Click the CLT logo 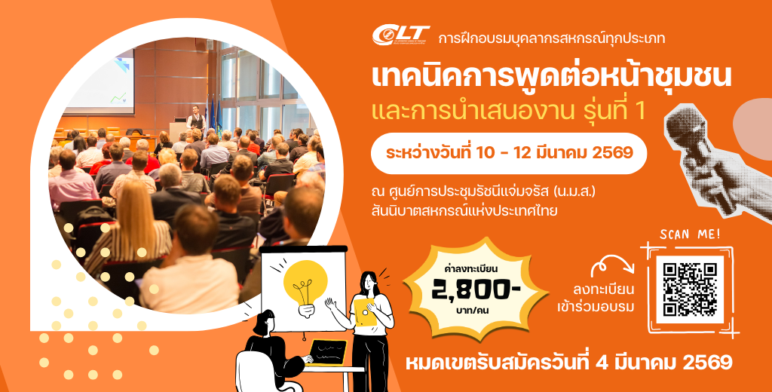(401, 35)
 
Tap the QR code (689, 289)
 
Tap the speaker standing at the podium (196, 118)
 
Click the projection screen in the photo (100, 81)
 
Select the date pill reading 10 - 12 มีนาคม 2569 (509, 153)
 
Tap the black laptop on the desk (326, 352)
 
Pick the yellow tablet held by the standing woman (365, 312)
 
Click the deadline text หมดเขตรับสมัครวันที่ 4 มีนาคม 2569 (568, 363)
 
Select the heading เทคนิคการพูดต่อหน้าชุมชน (552, 78)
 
